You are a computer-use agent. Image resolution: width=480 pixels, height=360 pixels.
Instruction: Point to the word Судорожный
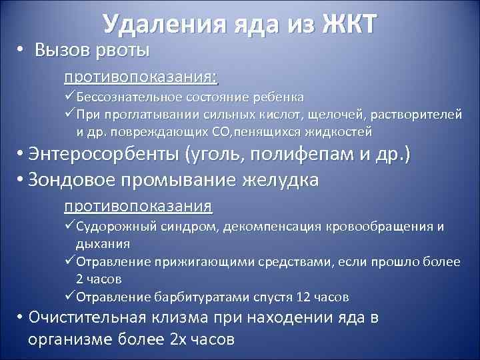(x=116, y=227)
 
